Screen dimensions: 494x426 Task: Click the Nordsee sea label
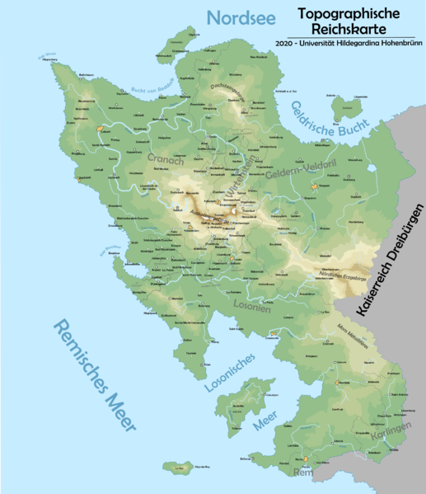(240, 18)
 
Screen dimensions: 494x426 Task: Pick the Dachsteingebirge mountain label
(229, 93)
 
